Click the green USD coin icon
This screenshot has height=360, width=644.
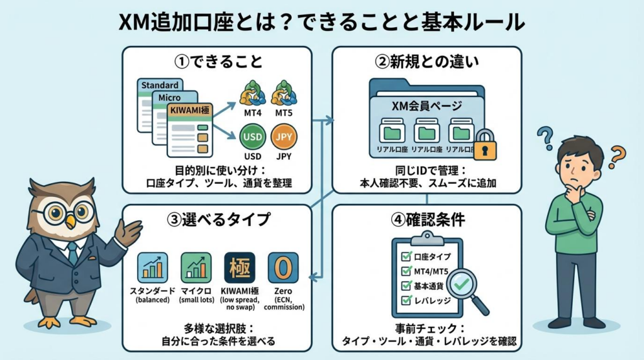click(252, 137)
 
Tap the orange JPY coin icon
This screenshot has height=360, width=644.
click(284, 137)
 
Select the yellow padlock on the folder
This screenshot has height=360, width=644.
click(485, 146)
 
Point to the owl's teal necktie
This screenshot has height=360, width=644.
click(73, 252)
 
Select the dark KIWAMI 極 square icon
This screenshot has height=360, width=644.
click(240, 267)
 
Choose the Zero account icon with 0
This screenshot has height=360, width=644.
click(283, 267)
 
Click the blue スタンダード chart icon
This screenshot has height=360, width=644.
click(153, 267)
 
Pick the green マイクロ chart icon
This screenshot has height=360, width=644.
click(196, 267)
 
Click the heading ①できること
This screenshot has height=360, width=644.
click(218, 62)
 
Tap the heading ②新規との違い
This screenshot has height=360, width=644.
click(426, 62)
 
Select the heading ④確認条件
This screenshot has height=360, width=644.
click(426, 220)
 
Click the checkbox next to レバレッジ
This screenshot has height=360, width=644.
click(406, 300)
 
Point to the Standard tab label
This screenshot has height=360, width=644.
click(160, 85)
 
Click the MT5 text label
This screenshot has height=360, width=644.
click(284, 113)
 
